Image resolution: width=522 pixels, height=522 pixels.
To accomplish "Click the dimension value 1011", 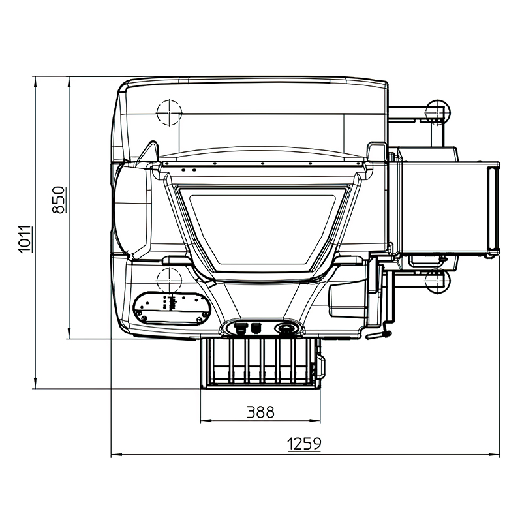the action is pyautogui.click(x=25, y=239).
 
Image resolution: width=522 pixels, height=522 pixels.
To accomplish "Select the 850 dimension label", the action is pyautogui.click(x=59, y=200).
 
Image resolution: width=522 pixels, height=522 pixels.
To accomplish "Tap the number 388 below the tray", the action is pyautogui.click(x=260, y=412).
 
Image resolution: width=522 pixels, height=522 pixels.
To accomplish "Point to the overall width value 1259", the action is pyautogui.click(x=304, y=444).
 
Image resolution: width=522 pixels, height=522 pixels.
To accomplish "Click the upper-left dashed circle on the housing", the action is pyautogui.click(x=170, y=112).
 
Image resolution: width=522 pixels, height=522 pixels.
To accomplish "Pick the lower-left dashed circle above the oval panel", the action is pyautogui.click(x=170, y=280).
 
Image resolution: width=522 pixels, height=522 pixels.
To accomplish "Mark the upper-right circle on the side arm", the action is pyautogui.click(x=438, y=112).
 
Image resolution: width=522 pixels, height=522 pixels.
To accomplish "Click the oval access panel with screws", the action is pyautogui.click(x=172, y=308).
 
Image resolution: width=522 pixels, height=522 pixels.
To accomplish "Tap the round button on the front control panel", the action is pyautogui.click(x=284, y=329).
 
